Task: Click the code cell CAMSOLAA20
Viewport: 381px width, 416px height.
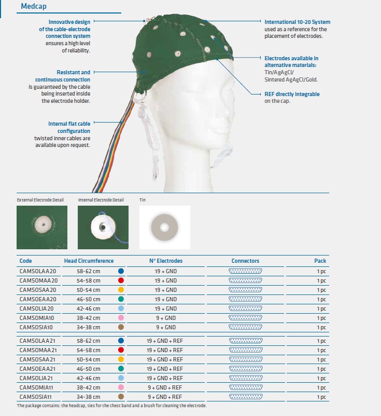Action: point(38,271)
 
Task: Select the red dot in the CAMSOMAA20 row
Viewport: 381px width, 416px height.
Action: point(121,280)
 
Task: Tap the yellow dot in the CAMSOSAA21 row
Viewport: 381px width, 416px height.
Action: point(121,359)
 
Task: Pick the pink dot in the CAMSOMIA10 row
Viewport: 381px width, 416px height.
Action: point(121,318)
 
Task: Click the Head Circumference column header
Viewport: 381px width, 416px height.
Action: point(89,261)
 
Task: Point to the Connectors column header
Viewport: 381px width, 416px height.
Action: point(245,261)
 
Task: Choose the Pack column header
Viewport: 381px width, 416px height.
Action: point(320,261)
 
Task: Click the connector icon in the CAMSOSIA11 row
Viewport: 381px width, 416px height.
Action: point(245,397)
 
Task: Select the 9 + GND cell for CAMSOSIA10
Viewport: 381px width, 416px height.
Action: point(165,327)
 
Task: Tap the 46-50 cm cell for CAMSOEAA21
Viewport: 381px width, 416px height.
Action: point(89,369)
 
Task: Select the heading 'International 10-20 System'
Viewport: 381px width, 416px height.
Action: point(297,22)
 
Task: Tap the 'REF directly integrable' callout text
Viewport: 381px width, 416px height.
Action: point(292,94)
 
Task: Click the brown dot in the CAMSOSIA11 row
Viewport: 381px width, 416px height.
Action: point(121,397)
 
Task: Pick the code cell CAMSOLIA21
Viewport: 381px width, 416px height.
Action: point(37,378)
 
